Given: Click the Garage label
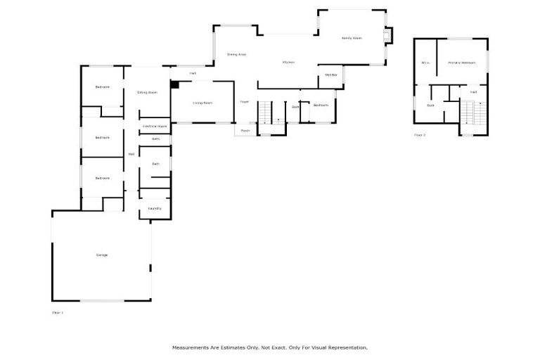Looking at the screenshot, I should tap(102, 255).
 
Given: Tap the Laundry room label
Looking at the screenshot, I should tap(155, 208).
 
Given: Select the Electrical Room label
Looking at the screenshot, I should tap(155, 126).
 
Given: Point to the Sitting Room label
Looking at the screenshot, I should tap(147, 92).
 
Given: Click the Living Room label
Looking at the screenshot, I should tap(202, 103).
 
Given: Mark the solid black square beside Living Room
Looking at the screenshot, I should tap(175, 85).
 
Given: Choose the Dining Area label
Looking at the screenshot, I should tap(236, 54).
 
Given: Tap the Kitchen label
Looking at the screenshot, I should tap(288, 63).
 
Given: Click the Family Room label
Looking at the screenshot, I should tap(351, 38).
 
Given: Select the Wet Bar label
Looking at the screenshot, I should tap(330, 75).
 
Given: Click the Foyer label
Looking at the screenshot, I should tap(245, 102).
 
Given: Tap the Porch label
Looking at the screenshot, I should tap(245, 130).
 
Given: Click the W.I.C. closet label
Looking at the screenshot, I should tap(425, 63).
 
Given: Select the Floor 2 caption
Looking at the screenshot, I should tap(420, 134).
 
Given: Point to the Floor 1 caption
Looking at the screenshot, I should tap(58, 311).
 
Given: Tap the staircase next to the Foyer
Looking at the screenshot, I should tap(266, 112).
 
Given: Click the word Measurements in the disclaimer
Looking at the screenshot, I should tap(189, 347).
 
